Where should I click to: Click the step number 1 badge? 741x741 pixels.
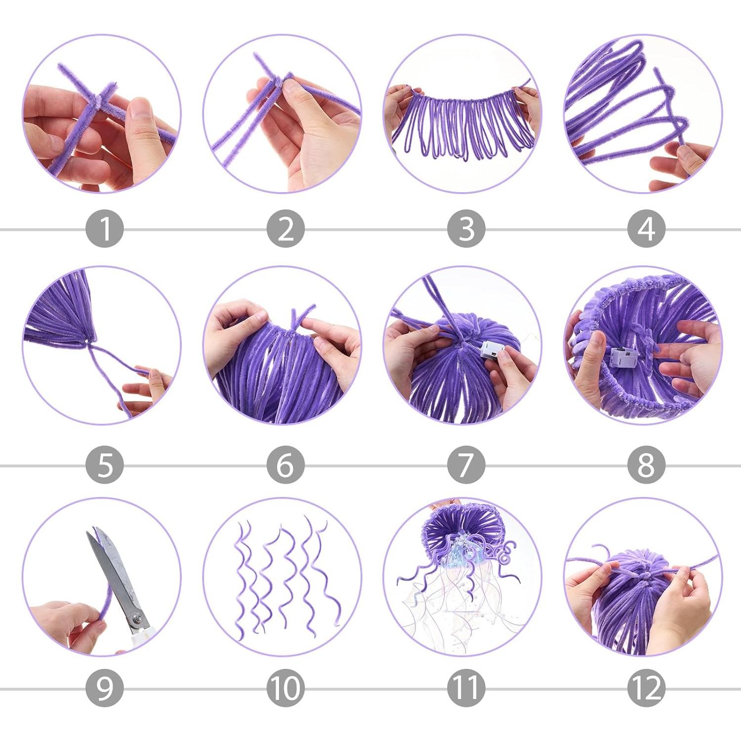[x=104, y=229]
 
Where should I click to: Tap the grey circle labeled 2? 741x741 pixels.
[x=286, y=229]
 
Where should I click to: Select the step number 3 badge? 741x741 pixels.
[x=466, y=229]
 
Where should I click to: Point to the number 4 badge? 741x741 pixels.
[x=646, y=229]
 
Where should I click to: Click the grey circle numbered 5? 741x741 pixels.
[x=104, y=465]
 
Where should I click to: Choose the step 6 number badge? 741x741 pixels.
[x=286, y=465]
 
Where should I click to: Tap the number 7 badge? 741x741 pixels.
[x=466, y=465]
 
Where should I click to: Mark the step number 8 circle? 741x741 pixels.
[x=646, y=465]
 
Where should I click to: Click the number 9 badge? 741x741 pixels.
[x=104, y=688]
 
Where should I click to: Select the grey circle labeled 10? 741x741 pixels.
[x=286, y=688]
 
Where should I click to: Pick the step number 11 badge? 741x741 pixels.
[x=466, y=688]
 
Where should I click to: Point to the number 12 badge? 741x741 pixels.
[x=646, y=688]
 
